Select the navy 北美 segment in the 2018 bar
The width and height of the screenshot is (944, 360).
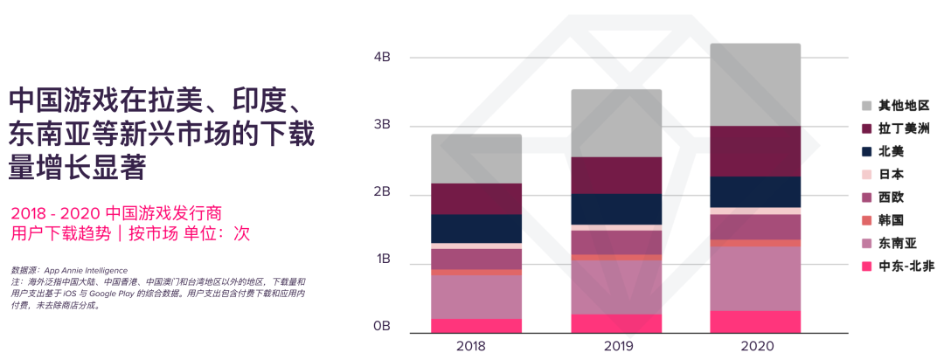(476, 228)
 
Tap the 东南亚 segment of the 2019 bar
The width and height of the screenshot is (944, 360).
(617, 287)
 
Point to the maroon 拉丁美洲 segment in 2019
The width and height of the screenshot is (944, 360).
(617, 175)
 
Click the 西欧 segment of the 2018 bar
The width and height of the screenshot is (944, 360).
(476, 259)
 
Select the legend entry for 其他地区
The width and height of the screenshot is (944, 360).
(896, 106)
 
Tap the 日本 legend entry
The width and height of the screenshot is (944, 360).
(891, 174)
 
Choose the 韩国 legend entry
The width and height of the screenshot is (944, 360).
(891, 220)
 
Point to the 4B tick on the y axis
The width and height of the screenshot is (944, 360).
(381, 58)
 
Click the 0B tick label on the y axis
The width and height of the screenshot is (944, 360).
(381, 327)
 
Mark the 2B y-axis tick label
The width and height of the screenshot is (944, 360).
(381, 192)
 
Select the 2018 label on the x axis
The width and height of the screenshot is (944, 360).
(476, 346)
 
